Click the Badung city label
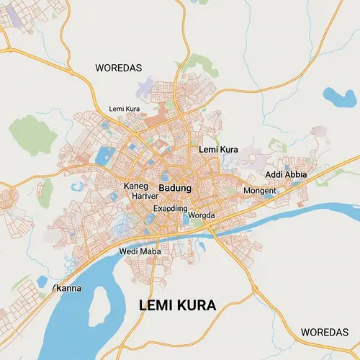(x=175, y=188)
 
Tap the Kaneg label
(x=135, y=186)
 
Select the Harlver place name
(x=145, y=196)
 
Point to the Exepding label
(x=171, y=209)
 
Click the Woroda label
(x=201, y=215)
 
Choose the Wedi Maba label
(x=140, y=251)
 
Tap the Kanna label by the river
(x=68, y=289)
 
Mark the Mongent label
(x=260, y=191)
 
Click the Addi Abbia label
(x=286, y=175)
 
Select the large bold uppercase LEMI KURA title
(x=176, y=306)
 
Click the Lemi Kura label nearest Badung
(x=217, y=149)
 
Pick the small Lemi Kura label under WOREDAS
(x=124, y=109)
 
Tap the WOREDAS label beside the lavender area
(x=120, y=67)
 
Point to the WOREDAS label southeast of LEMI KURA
(x=324, y=332)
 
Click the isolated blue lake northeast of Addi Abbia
(x=335, y=96)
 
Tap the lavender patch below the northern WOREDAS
(x=153, y=85)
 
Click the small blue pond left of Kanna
(x=42, y=280)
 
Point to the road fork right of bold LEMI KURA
(x=253, y=291)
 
